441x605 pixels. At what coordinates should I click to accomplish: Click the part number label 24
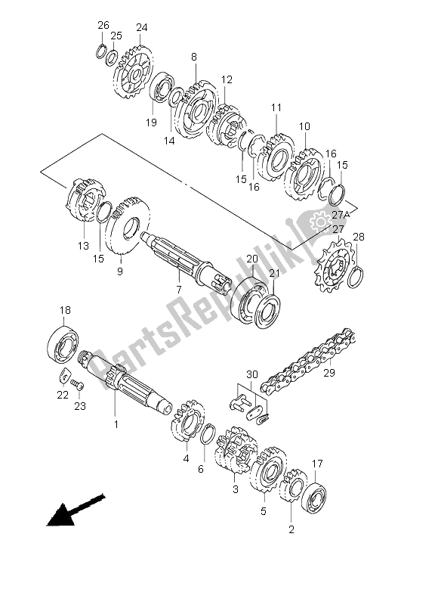(x=140, y=28)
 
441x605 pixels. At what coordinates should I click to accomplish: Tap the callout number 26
(x=103, y=26)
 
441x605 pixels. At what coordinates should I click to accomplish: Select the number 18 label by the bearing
(x=66, y=311)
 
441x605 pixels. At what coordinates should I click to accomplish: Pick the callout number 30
(x=251, y=374)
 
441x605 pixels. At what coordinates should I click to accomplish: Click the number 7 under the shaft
(x=178, y=290)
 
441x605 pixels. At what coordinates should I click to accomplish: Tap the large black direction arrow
(x=73, y=510)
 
